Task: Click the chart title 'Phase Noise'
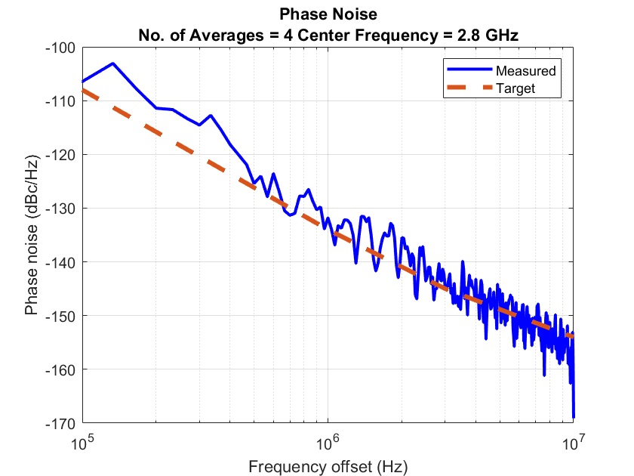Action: (x=328, y=14)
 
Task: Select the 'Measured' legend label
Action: (x=525, y=71)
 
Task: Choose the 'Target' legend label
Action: (x=516, y=88)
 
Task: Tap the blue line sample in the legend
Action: (x=468, y=71)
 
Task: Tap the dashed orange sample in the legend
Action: (x=468, y=88)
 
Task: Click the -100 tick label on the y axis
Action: (x=60, y=48)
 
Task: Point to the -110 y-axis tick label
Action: (x=60, y=101)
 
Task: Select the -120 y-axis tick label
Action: (x=60, y=155)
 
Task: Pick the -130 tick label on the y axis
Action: (x=60, y=209)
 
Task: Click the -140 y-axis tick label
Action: (x=60, y=262)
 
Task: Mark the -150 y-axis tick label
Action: (x=60, y=316)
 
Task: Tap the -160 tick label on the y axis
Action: (x=60, y=369)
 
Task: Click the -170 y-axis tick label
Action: (x=60, y=423)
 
